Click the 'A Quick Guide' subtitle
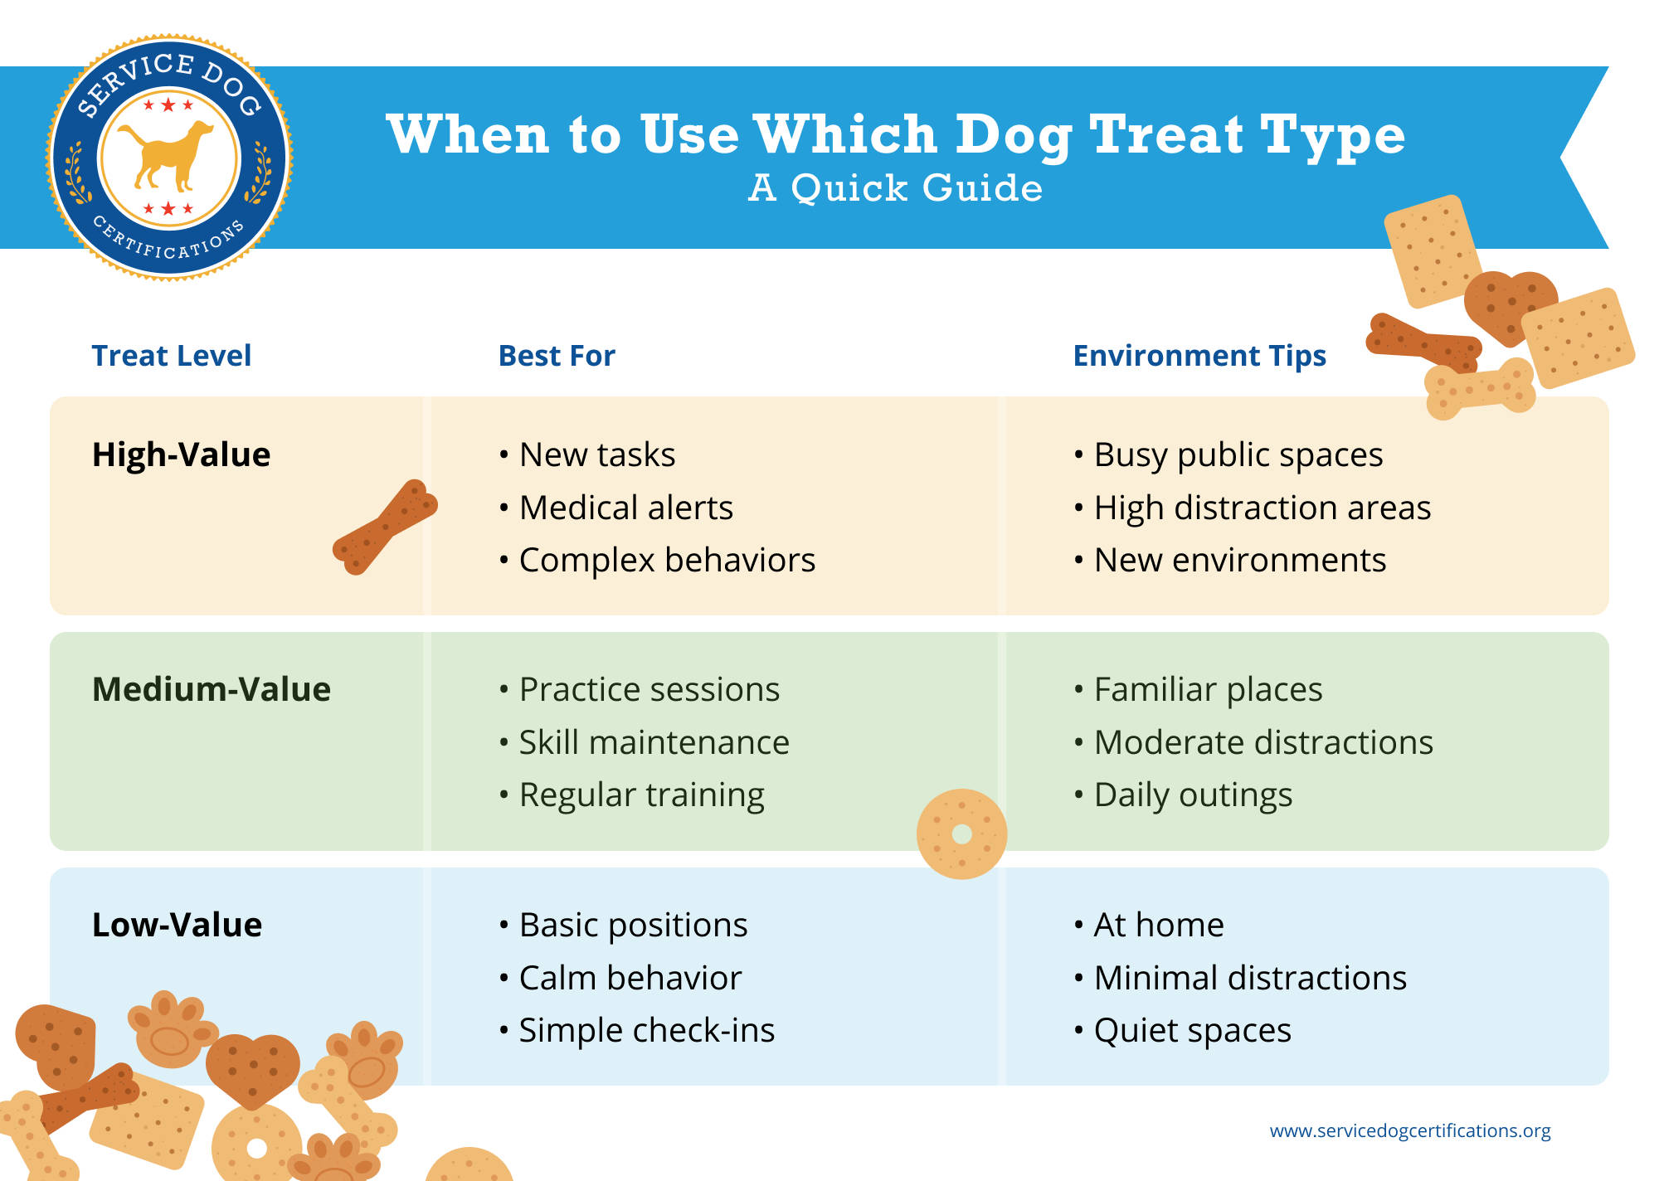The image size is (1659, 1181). pyautogui.click(x=896, y=188)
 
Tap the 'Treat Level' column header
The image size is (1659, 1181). pyautogui.click(x=171, y=356)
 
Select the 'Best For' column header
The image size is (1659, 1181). pyautogui.click(x=557, y=356)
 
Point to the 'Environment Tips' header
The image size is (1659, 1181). pyautogui.click(x=1199, y=357)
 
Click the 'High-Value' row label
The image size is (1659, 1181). pyautogui.click(x=181, y=454)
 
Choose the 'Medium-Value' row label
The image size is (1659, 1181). pyautogui.click(x=212, y=689)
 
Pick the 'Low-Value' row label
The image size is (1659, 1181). pyautogui.click(x=177, y=925)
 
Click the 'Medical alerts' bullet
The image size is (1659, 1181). pyautogui.click(x=616, y=508)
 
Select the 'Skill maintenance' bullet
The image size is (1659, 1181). pyautogui.click(x=645, y=742)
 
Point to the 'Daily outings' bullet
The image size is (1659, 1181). pyautogui.click(x=1183, y=795)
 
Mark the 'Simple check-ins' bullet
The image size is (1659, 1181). pyautogui.click(x=637, y=1031)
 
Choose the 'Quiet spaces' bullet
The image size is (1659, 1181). pyautogui.click(x=1183, y=1031)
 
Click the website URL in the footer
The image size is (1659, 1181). pyautogui.click(x=1410, y=1131)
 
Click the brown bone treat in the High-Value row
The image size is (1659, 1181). pyautogui.click(x=385, y=527)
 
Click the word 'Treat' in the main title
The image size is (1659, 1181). pyautogui.click(x=1166, y=134)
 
